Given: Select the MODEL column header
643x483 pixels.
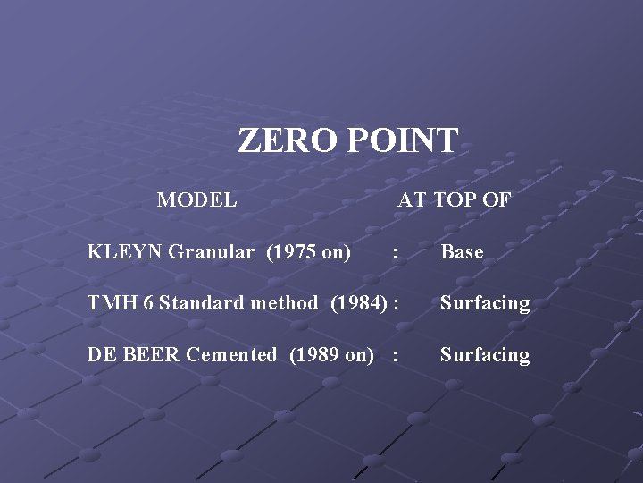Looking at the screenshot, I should (x=196, y=199).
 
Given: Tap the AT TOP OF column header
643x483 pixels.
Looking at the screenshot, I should (x=454, y=199).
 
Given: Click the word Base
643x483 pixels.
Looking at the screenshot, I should (x=462, y=252).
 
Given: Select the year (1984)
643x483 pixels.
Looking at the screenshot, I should (x=358, y=303).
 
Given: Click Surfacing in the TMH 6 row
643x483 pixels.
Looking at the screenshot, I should (x=484, y=303).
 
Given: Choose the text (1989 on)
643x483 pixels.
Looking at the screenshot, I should (x=331, y=355).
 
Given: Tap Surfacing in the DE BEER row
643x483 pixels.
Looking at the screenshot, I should (x=484, y=355).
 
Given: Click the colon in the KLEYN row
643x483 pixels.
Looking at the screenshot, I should (x=395, y=253).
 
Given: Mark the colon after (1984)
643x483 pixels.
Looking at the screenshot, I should (x=395, y=304).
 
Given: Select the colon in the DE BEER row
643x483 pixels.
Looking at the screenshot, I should (x=395, y=356).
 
